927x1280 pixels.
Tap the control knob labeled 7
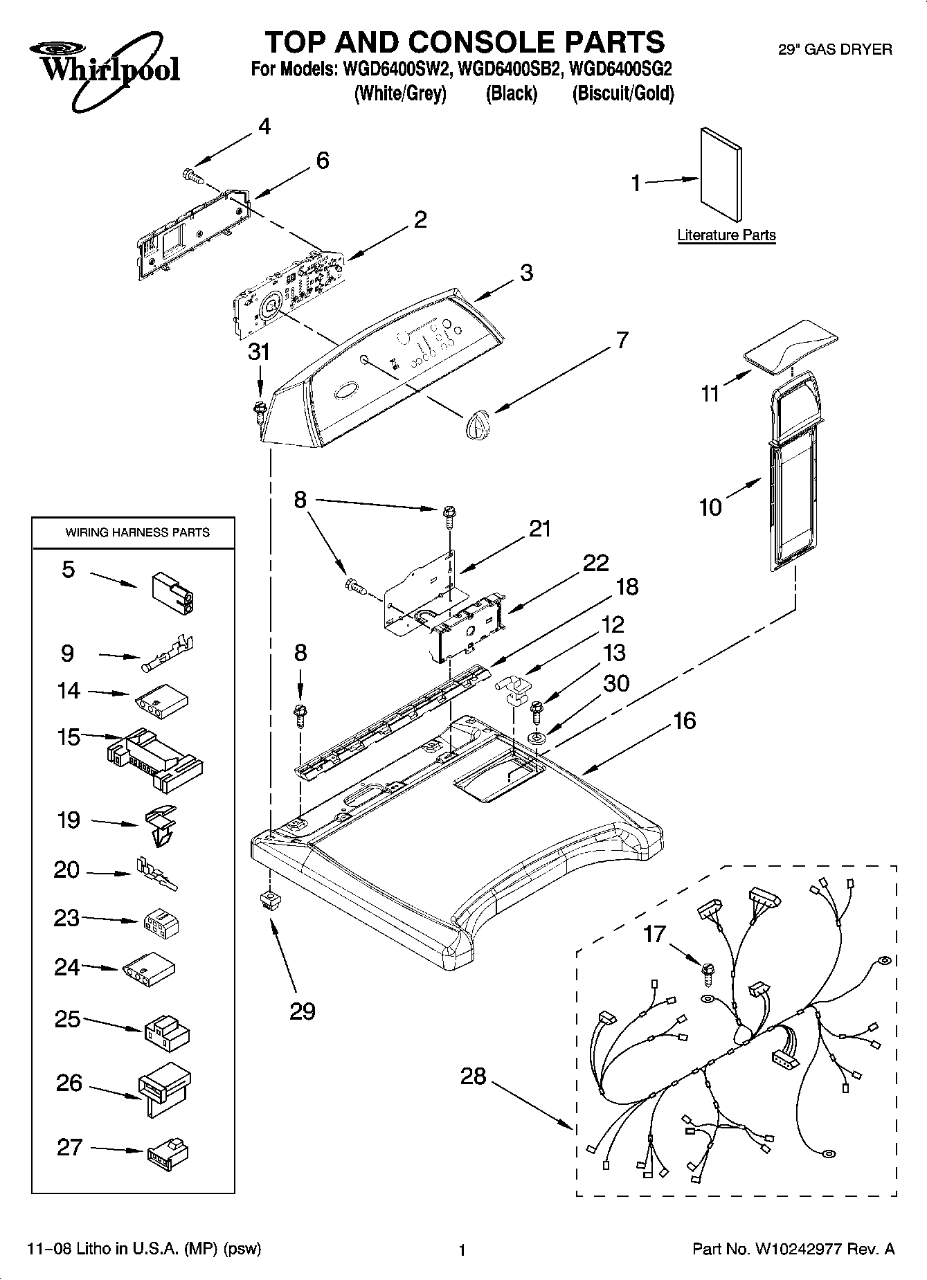click(477, 422)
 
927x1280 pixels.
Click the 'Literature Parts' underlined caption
click(726, 235)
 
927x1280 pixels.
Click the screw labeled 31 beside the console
click(260, 409)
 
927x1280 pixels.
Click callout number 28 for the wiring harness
click(474, 1076)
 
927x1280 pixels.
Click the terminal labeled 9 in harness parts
click(168, 654)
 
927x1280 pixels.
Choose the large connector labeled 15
click(155, 759)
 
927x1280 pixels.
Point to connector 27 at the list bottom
click(168, 1152)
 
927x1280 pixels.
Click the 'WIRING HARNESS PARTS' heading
click(137, 532)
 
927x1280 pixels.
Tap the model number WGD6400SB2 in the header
click(505, 70)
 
